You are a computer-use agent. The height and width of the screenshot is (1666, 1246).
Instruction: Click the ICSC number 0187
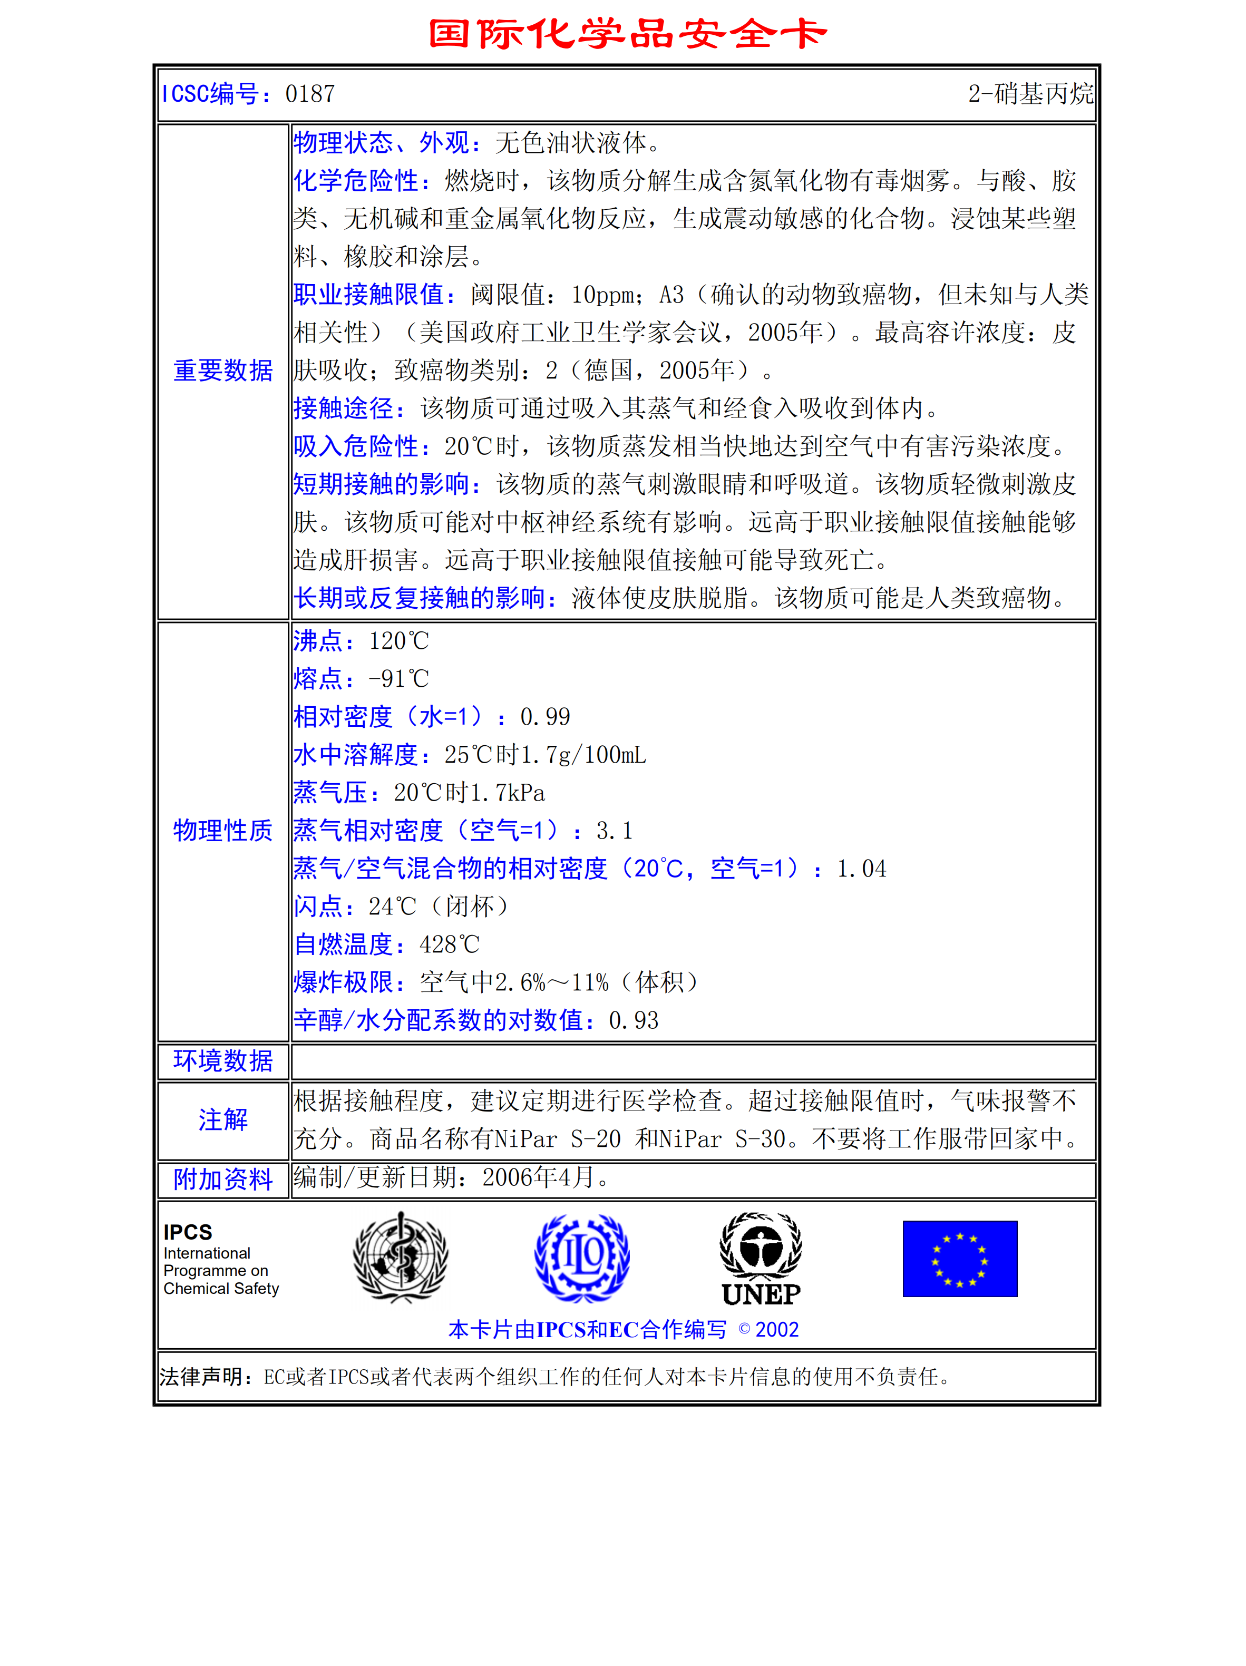tap(309, 94)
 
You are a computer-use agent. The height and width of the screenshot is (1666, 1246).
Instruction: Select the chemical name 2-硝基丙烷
tap(1030, 94)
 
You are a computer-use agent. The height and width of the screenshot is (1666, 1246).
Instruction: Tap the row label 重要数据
tap(223, 371)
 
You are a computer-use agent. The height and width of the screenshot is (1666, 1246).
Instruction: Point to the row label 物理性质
tap(223, 830)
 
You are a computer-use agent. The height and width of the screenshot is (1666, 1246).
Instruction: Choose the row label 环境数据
tap(223, 1060)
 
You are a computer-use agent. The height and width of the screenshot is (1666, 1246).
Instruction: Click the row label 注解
tap(223, 1120)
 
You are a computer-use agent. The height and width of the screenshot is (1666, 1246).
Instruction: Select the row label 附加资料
tap(223, 1178)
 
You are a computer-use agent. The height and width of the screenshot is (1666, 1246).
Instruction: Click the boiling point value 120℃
tap(398, 641)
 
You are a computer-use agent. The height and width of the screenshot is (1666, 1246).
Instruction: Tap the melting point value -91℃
tap(398, 679)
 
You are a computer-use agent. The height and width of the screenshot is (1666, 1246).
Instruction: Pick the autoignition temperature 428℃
tap(449, 944)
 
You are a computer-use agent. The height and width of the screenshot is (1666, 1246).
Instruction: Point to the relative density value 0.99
tap(544, 717)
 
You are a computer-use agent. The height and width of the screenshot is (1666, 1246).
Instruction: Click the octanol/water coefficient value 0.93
tap(634, 1020)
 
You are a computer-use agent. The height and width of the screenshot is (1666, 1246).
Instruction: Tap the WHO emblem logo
tap(401, 1257)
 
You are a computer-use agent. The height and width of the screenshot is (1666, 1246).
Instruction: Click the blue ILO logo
tap(581, 1257)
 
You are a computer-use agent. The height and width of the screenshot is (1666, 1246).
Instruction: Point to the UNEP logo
tap(761, 1259)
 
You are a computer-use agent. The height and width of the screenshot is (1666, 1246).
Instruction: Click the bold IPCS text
tap(188, 1232)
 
